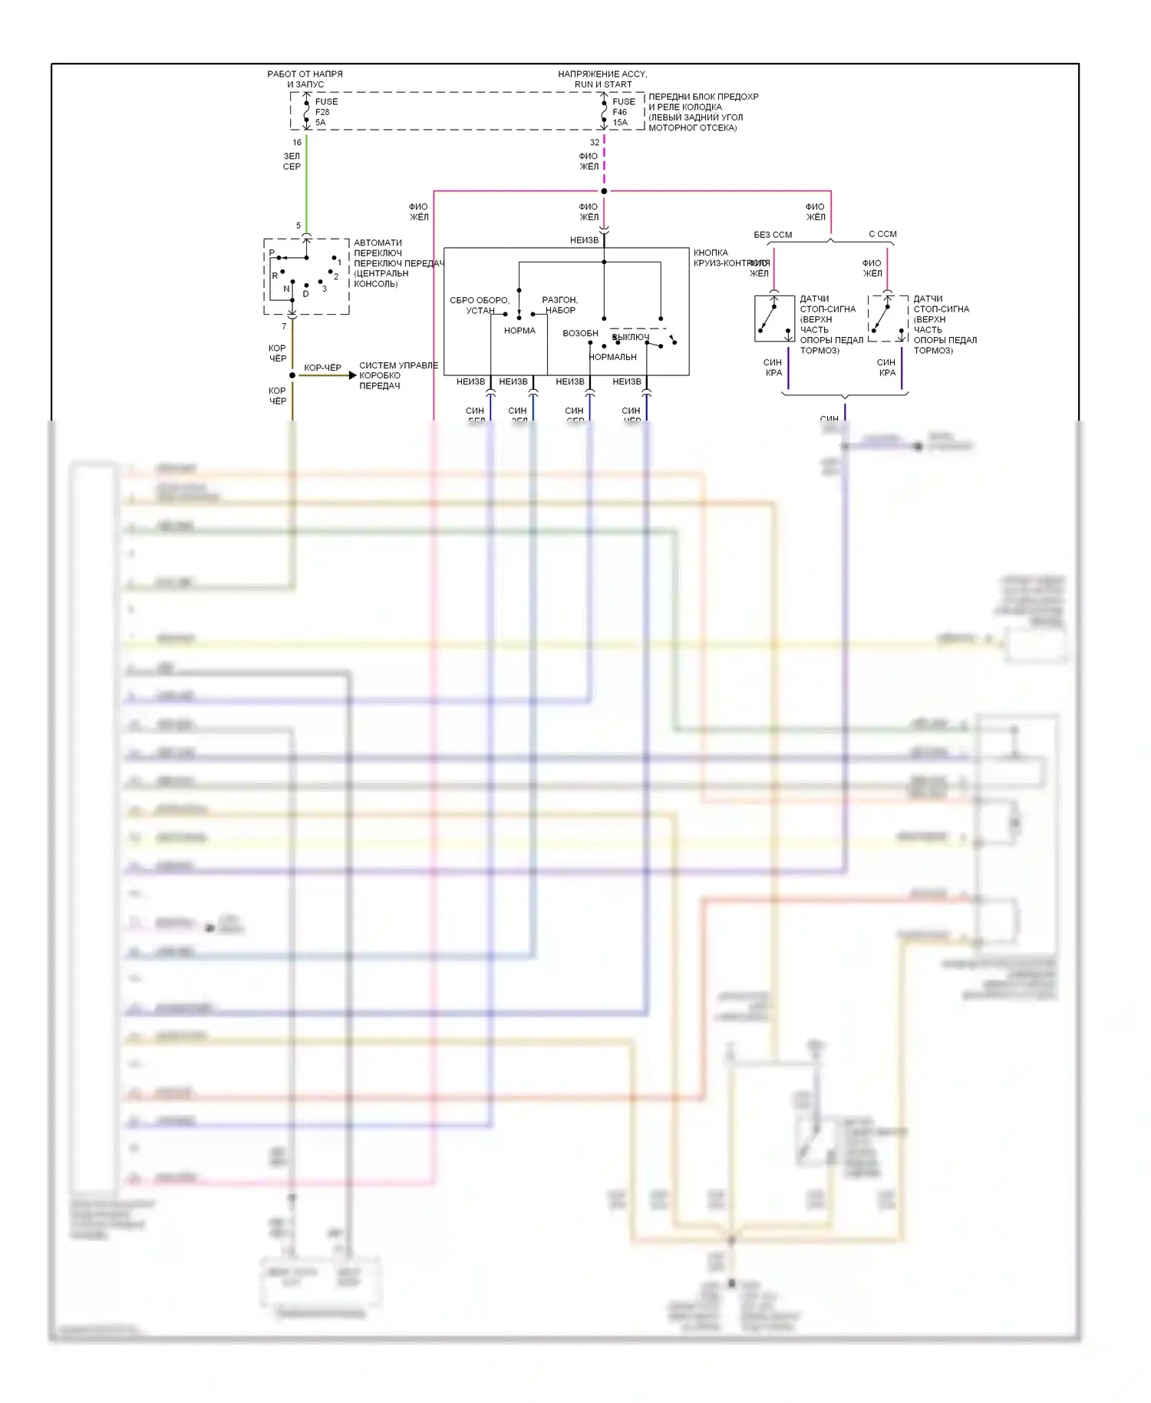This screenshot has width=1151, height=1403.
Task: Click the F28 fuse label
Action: [322, 112]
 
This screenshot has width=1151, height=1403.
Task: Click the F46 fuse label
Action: [620, 112]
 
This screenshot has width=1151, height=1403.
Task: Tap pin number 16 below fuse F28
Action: [297, 143]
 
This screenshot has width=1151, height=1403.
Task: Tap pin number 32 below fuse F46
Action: [595, 143]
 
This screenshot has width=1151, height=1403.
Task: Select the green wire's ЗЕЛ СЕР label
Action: [292, 161]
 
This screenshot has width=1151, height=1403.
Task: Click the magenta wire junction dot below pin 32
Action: [604, 191]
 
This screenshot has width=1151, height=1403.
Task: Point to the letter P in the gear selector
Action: [272, 253]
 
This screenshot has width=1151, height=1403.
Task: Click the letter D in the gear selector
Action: [305, 293]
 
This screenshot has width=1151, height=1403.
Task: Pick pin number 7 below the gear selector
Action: [284, 327]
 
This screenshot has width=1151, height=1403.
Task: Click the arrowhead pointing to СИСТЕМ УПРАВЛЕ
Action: [352, 375]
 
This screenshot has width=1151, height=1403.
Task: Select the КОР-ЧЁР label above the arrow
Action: [322, 368]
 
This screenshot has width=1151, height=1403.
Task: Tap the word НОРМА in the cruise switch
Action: [519, 331]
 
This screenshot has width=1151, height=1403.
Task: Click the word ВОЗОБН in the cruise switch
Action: [580, 334]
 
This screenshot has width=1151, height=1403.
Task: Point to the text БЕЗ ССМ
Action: [773, 235]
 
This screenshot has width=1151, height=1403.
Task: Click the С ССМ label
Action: [882, 234]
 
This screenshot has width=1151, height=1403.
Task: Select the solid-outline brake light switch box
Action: [774, 319]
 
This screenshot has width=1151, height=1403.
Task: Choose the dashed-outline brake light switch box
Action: [888, 319]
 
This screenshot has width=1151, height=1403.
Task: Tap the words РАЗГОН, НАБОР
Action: [560, 305]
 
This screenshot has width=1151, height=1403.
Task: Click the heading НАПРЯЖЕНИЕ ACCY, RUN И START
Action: [603, 79]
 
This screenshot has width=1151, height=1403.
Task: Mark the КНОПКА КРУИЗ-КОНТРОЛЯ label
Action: [729, 258]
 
